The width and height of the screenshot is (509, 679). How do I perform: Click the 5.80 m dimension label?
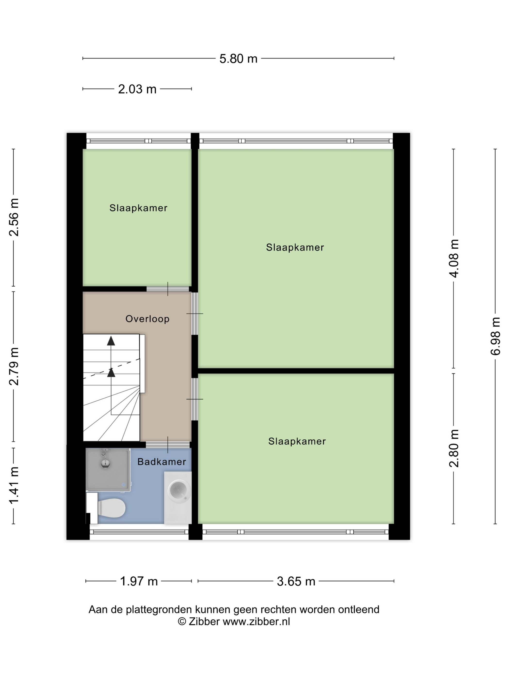[238, 58]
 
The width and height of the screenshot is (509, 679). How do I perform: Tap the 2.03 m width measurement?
[137, 89]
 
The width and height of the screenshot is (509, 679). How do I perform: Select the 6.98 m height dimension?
[495, 336]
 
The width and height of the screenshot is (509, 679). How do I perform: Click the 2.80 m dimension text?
[454, 448]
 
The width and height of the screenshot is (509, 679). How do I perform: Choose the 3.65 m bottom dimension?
[296, 581]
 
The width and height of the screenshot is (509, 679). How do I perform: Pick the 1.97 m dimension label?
[139, 581]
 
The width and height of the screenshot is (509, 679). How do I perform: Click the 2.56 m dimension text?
[14, 217]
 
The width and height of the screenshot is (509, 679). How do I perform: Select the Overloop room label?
[147, 319]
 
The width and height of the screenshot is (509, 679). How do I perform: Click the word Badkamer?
[161, 461]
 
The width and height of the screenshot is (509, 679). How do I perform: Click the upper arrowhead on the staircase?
[111, 341]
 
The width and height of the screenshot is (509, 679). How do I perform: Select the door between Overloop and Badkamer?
[167, 445]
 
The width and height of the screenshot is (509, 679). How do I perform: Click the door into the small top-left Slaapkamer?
[167, 289]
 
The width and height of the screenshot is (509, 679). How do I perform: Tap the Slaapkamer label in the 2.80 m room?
[297, 441]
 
